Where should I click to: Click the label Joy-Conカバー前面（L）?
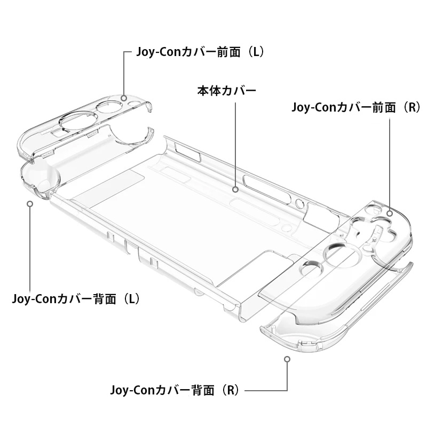pyautogui.click(x=200, y=52)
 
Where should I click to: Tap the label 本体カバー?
pyautogui.click(x=226, y=91)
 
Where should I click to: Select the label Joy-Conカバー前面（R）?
pyautogui.click(x=356, y=107)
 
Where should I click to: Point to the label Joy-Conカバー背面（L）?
pyautogui.click(x=76, y=299)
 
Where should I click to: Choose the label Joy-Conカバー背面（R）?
pyautogui.click(x=175, y=390)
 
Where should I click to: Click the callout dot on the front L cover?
pyautogui.click(x=124, y=98)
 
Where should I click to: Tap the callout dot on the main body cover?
pyautogui.click(x=235, y=189)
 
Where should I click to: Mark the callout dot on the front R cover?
pyautogui.click(x=390, y=213)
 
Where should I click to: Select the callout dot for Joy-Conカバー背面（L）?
pyautogui.click(x=30, y=203)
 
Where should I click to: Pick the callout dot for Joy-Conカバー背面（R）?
pyautogui.click(x=287, y=359)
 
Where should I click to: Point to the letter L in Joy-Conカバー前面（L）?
pyautogui.click(x=256, y=52)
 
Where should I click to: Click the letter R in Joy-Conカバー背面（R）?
pyautogui.click(x=231, y=390)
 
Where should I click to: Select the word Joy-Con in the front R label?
pyautogui.click(x=314, y=108)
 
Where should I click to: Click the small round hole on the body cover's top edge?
pyautogui.click(x=299, y=203)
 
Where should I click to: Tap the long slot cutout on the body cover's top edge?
pyautogui.click(x=267, y=189)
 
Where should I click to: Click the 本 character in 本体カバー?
pyautogui.click(x=203, y=91)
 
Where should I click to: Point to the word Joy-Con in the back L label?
pyautogui.click(x=34, y=299)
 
